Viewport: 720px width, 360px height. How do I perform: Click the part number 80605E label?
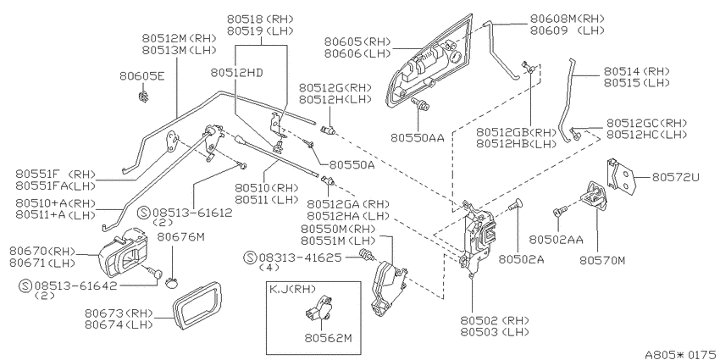(x=141, y=75)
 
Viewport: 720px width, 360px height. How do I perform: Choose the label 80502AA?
(x=556, y=239)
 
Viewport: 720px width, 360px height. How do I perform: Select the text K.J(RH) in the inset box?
(x=292, y=290)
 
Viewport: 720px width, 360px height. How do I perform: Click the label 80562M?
(x=328, y=339)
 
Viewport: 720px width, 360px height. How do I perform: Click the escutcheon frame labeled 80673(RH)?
(x=198, y=305)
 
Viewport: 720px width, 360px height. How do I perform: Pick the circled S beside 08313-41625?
(x=250, y=258)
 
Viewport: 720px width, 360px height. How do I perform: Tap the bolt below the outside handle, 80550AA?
(x=419, y=104)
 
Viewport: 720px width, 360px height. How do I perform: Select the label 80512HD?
(x=236, y=73)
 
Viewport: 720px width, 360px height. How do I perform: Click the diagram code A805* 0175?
(x=681, y=354)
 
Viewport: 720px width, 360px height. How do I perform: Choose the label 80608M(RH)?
(x=567, y=19)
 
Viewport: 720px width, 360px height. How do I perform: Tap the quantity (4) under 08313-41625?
(x=270, y=268)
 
